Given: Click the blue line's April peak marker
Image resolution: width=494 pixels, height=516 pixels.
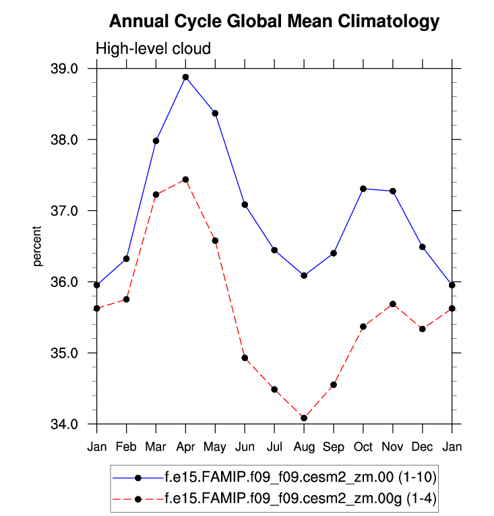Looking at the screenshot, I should coord(185,77).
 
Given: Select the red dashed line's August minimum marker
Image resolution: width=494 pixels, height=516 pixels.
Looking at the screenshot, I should coord(304,418).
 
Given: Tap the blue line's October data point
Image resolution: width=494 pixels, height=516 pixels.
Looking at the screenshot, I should coord(363,189).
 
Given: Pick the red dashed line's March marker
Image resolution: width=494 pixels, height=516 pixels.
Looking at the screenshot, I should coord(156,195).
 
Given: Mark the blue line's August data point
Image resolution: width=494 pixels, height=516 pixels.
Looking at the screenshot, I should coord(304,276).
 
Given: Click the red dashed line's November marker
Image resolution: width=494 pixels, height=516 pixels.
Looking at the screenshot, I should coord(393,304).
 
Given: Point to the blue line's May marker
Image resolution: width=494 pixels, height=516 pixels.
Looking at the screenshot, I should coord(215,113).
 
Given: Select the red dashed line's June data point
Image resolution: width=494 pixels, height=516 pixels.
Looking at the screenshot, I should coord(245,358).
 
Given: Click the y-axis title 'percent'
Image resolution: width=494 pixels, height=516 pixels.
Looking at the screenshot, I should coord(39,247).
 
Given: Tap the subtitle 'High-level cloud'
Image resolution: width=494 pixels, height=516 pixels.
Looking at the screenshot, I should coord(153,49).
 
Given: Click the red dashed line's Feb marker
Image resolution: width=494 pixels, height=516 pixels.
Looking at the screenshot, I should coord(126,299).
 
